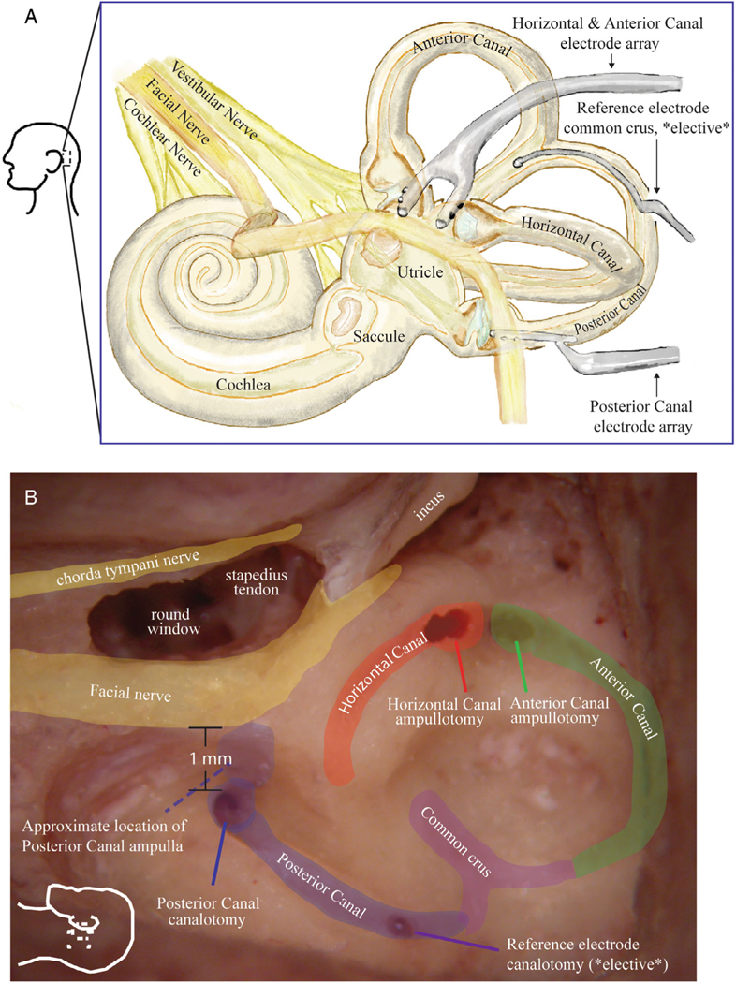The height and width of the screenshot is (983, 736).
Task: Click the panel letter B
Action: pos(31,495)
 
